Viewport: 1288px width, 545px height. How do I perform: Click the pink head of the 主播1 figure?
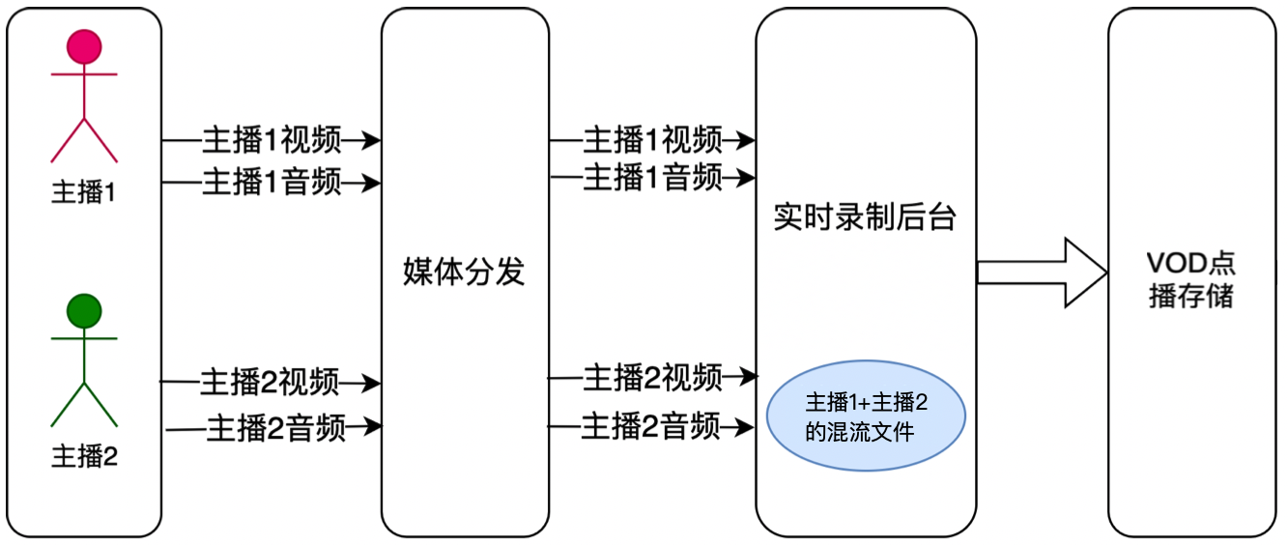[x=84, y=46]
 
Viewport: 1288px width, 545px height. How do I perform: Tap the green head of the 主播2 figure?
[x=84, y=310]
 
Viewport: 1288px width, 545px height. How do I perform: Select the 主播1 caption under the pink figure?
[x=83, y=192]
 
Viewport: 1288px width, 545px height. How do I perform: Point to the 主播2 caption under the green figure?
[x=84, y=455]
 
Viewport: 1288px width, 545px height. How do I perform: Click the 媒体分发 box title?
[x=464, y=272]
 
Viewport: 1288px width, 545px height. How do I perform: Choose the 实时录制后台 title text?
[x=865, y=217]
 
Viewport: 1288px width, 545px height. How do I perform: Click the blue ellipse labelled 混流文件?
[x=866, y=416]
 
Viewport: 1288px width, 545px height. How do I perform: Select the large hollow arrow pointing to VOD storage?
[x=1042, y=272]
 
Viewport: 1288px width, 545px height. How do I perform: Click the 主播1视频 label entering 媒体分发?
[x=272, y=140]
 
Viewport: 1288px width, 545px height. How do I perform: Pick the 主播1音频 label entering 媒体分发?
[x=272, y=182]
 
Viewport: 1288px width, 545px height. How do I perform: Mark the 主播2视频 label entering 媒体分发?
[x=270, y=383]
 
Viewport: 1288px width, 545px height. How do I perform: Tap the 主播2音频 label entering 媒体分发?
[x=276, y=426]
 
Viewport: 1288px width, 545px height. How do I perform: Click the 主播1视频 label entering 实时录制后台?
[x=652, y=140]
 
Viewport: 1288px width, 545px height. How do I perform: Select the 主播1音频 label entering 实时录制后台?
[x=652, y=178]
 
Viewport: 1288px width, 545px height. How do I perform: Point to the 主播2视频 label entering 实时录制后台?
[x=652, y=377]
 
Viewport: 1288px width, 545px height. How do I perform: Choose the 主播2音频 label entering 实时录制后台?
[x=650, y=425]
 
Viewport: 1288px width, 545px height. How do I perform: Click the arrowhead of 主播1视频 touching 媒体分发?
[x=371, y=141]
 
